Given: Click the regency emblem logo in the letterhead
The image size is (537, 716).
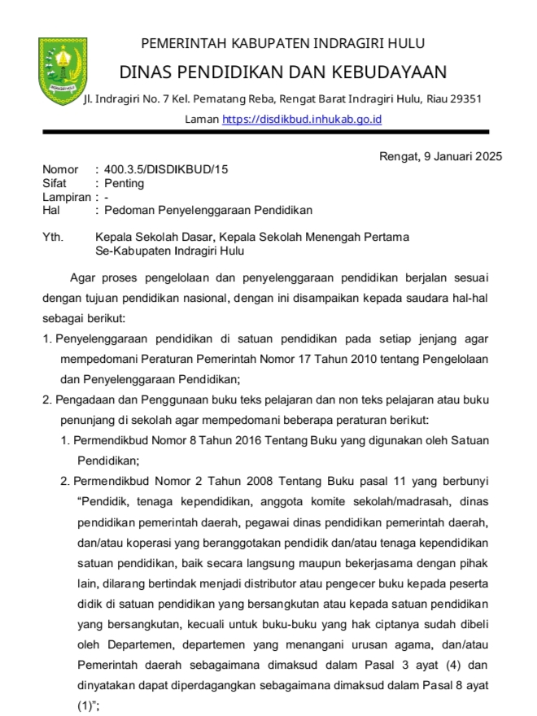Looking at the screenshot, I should click(59, 72).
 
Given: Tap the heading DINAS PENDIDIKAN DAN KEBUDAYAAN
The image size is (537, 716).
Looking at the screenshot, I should click(282, 72).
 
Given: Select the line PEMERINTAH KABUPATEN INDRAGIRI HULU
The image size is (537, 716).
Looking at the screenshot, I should click(282, 43).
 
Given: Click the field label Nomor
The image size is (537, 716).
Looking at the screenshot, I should click(60, 170).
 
